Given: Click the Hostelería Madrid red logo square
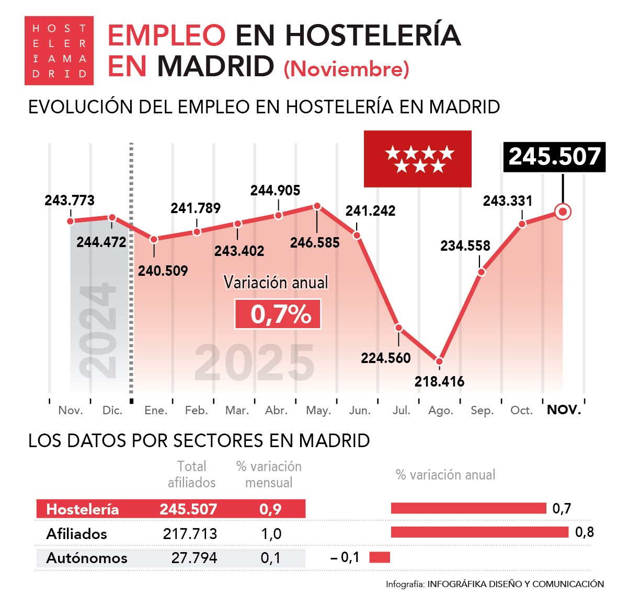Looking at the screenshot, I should point(59,51).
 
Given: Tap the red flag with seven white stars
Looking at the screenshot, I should point(417,159).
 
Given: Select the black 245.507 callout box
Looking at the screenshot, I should point(554,157).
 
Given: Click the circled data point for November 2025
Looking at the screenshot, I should point(563,212).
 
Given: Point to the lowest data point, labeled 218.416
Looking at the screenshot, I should point(439,361).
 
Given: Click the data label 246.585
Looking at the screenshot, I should point(315,242).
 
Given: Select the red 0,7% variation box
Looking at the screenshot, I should point(278,314).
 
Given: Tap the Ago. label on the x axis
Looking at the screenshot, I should point(440,411).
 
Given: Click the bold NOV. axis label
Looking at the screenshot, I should point(564,410).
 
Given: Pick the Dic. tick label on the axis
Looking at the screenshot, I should point(112,411).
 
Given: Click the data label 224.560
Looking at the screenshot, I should point(385,358).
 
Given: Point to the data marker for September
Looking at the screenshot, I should point(482,272).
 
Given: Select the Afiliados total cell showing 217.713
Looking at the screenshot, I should point(190,533).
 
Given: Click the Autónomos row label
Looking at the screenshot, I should point(87,558).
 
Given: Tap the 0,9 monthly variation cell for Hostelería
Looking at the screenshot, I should point(270,509).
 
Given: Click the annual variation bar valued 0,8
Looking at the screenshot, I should point(479,532).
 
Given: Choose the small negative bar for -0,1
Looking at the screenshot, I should point(380,557).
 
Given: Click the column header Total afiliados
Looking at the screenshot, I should point(191,474).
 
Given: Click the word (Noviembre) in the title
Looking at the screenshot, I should point(346,69).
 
